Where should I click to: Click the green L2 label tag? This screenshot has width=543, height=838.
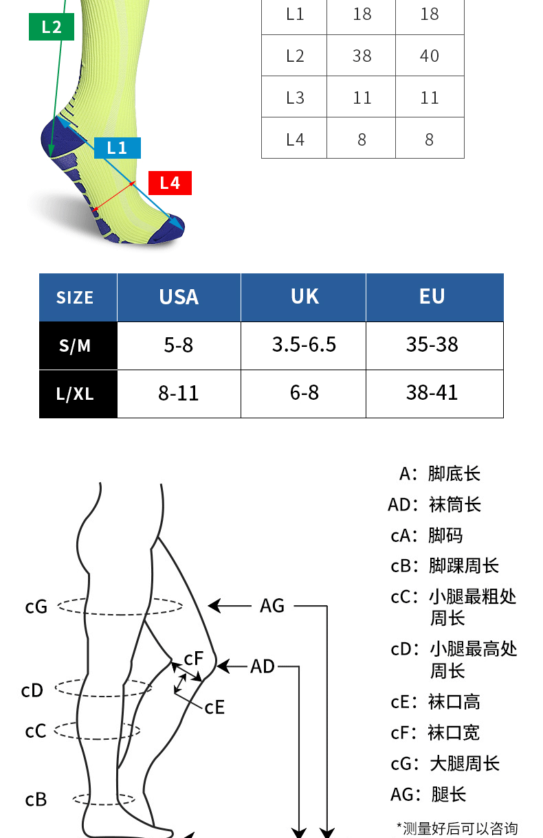point(51,27)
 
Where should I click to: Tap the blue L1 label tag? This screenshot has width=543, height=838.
point(117,148)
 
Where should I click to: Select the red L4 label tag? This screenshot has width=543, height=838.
point(170,183)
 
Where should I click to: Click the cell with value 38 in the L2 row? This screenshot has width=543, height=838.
point(362,56)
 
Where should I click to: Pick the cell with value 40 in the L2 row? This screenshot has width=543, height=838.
point(430,56)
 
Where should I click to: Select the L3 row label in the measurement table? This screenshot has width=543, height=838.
point(294,98)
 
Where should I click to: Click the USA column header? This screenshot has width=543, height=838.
point(179,297)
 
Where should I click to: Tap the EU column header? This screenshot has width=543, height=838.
point(432,297)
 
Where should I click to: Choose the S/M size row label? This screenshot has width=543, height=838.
point(75,346)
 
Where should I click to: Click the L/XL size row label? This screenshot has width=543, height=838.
point(75,394)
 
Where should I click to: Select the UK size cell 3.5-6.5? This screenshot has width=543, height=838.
point(304,345)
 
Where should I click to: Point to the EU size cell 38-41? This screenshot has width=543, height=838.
point(432,393)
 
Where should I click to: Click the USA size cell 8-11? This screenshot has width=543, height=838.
point(179,394)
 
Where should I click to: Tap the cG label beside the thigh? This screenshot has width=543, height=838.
point(36,607)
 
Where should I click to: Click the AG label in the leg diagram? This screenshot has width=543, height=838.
point(272,606)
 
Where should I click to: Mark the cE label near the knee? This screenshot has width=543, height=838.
point(214,707)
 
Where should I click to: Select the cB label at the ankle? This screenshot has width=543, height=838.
point(36,800)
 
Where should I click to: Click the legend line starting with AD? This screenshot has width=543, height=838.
point(434,505)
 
